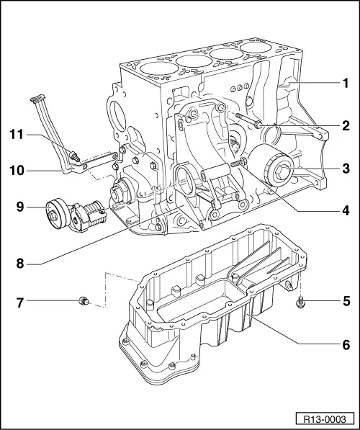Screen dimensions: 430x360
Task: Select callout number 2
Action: pos(345,125)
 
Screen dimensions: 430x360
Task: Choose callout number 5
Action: pos(345,300)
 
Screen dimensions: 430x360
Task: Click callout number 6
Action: pos(345,345)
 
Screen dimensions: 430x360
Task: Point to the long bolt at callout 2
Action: pos(248,120)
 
